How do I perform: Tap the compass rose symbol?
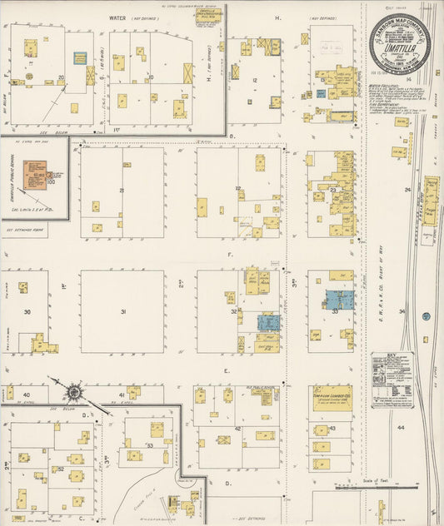pos(74,390)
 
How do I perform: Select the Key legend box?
pos(392,380)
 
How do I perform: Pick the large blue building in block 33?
pos(340,300)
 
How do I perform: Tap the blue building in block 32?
pos(268,323)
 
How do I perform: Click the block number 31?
pos(122,312)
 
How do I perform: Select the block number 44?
pos(401,427)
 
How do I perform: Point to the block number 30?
pos(27,312)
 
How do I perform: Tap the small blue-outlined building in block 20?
pos(80,58)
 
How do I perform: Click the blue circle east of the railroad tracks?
pos(425,316)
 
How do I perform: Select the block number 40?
pos(27,394)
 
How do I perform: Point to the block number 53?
pos(150,446)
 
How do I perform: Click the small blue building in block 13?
pos(321,93)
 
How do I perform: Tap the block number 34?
pos(401,312)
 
